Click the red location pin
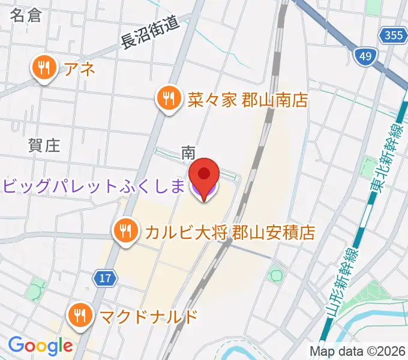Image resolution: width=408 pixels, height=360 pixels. coord(203,175)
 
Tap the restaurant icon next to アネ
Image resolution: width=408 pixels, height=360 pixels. coord(44,69)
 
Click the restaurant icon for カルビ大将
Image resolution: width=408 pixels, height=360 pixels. coord(125,230)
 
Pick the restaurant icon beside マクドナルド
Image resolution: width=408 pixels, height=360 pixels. coord(80,314)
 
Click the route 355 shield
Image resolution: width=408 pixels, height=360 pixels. coord(393,36)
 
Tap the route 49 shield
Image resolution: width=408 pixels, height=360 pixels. coord(364,57)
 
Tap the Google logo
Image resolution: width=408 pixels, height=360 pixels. coord(40,346)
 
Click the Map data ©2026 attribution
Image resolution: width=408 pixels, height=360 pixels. coord(358,351)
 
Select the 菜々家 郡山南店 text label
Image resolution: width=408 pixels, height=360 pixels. coord(247,98)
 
